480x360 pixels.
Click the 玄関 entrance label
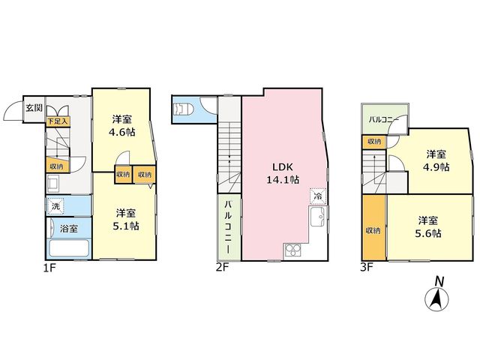34,108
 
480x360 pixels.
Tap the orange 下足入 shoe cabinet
58,121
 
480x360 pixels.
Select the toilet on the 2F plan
183,109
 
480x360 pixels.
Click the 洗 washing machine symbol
55,206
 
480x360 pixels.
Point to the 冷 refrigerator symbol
318,196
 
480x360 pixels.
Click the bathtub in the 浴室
68,248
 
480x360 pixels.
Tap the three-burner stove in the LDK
293,251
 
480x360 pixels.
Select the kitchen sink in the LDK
319,216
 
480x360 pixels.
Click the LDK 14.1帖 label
283,173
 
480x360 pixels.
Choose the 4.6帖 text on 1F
122,132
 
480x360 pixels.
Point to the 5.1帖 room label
126,226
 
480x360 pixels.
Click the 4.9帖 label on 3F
436,167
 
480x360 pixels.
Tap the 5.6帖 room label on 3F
428,233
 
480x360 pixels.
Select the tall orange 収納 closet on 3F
373,227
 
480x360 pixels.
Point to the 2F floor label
222,267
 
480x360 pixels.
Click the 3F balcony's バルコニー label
383,120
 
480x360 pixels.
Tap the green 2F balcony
229,226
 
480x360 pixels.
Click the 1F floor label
49,268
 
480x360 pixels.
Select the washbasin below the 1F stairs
54,184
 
